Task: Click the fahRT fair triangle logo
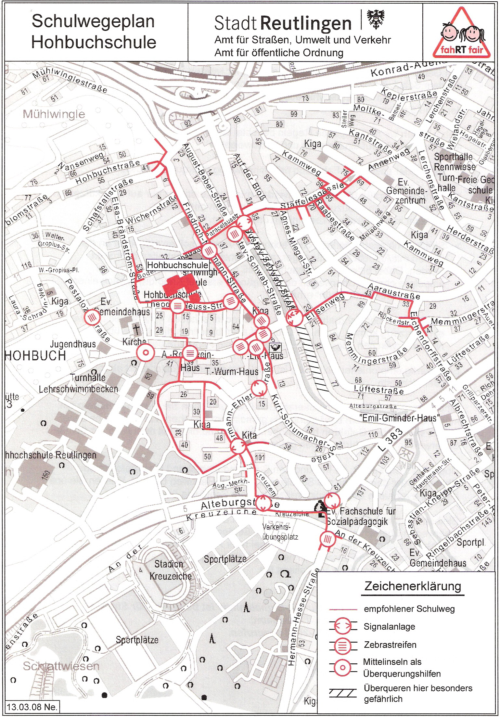click(x=462, y=34)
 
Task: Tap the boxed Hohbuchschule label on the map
click(x=177, y=265)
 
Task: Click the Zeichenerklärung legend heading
click(x=413, y=586)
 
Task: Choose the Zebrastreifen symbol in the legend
click(x=343, y=645)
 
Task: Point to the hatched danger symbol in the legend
click(x=343, y=693)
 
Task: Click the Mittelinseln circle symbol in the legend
click(x=343, y=668)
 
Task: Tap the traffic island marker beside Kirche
click(x=145, y=352)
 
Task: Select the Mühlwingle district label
click(x=54, y=114)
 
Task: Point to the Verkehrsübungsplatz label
click(x=280, y=532)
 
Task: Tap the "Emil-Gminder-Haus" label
click(x=399, y=418)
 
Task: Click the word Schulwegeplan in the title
click(x=93, y=21)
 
